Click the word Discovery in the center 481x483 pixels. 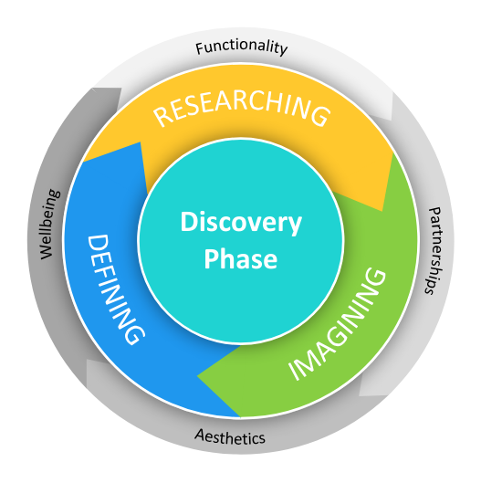click(241, 223)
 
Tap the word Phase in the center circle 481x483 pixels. click(241, 258)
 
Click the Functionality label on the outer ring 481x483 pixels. click(242, 47)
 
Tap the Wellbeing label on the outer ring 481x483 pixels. click(49, 225)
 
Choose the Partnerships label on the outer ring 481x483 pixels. click(434, 251)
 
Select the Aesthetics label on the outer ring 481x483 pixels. click(230, 436)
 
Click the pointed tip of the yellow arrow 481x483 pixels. click(382, 211)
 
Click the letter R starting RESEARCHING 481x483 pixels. click(162, 117)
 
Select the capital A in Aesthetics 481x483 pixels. click(201, 435)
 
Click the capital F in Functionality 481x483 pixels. click(201, 49)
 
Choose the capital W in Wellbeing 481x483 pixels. click(47, 250)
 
